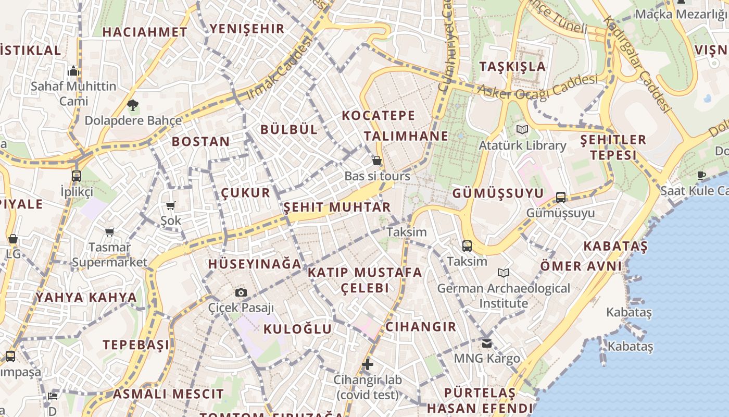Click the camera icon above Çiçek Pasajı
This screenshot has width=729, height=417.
coord(241,292)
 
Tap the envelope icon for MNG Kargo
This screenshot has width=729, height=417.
coord(487,343)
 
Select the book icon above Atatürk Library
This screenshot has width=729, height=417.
coord(522,129)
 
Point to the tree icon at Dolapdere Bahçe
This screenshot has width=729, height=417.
coord(133,105)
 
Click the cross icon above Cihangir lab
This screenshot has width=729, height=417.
coord(368,364)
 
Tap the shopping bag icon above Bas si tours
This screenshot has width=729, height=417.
coord(377,161)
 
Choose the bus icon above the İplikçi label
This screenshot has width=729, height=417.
coord(77,176)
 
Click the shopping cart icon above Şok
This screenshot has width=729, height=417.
coord(170,205)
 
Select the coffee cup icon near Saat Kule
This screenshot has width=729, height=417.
coord(701,175)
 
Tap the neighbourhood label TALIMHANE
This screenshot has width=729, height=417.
coord(406,136)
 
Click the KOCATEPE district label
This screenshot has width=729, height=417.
coord(379,115)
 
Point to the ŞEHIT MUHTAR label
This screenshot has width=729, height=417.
coord(337,207)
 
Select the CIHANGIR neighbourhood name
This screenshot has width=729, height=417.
coord(421,327)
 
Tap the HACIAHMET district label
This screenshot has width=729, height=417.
coord(145,32)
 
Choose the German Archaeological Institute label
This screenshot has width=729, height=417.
coord(504,296)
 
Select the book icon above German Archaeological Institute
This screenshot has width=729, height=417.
coord(503,273)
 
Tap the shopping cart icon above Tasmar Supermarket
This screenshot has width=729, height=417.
coord(109,231)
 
